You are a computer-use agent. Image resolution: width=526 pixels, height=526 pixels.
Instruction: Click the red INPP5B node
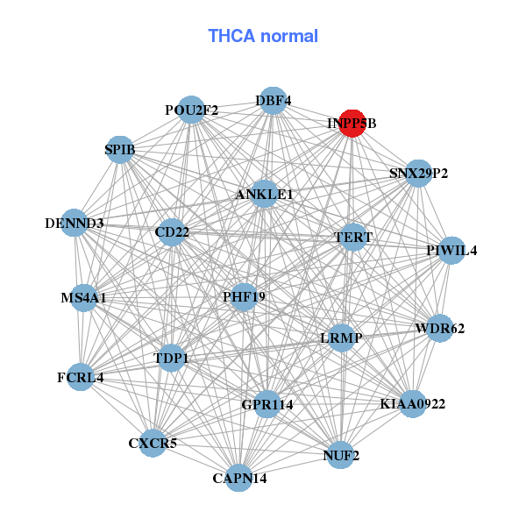tap(352, 124)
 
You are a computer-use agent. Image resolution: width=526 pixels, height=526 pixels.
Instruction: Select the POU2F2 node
tap(191, 110)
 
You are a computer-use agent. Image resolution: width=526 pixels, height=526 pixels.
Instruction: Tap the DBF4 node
tap(274, 100)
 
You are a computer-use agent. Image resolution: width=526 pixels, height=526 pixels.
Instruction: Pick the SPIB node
tap(120, 150)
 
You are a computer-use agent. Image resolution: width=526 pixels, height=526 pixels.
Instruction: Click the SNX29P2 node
tap(418, 174)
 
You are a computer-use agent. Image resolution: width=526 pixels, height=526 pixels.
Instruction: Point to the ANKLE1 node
tap(264, 194)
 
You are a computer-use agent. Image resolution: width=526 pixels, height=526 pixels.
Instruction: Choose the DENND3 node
tap(75, 224)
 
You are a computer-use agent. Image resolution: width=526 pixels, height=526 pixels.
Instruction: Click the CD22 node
tap(172, 232)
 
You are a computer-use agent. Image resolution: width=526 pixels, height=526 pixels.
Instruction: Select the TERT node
tap(353, 237)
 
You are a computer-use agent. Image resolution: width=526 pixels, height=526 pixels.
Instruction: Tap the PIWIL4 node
tap(451, 251)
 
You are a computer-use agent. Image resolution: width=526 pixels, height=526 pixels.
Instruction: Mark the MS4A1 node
tap(83, 298)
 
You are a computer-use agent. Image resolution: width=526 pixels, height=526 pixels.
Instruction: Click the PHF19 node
tap(244, 297)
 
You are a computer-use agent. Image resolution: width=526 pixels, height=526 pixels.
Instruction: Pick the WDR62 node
tap(439, 329)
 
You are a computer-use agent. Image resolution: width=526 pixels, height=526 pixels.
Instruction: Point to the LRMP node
tap(341, 338)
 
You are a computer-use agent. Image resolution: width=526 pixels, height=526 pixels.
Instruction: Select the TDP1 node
tap(171, 358)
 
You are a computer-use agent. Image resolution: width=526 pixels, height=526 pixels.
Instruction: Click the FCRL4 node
tap(80, 378)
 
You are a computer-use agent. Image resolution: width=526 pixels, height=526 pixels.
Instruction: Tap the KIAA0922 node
tap(413, 404)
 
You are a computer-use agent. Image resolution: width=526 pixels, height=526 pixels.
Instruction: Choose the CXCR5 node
tap(153, 443)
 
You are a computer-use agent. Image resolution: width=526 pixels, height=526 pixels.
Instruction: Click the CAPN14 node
tap(239, 479)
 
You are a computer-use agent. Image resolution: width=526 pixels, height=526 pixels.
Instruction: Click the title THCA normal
tap(263, 36)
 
